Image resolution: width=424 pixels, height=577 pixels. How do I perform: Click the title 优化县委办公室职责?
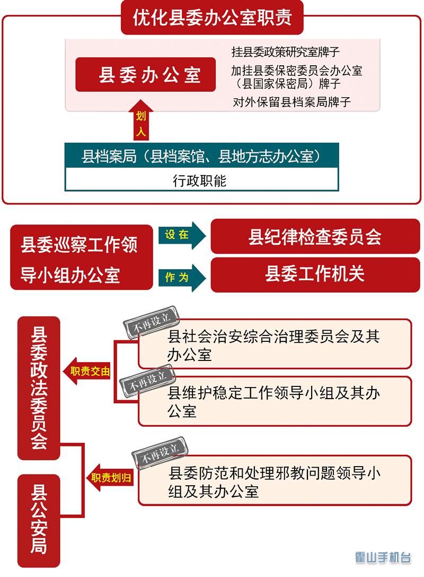(212, 18)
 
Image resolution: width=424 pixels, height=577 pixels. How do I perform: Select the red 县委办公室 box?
(146, 75)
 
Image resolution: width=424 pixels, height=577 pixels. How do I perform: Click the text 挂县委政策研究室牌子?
(286, 52)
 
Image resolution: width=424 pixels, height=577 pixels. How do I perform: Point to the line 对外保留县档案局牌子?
(292, 102)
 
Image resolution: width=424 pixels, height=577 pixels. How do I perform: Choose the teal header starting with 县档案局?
(201, 156)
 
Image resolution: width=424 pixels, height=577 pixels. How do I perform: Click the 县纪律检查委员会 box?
(315, 237)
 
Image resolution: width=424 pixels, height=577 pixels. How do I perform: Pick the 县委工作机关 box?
(315, 275)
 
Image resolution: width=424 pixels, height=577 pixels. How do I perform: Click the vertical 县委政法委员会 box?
(39, 388)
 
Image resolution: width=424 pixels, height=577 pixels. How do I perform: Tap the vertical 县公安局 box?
(39, 521)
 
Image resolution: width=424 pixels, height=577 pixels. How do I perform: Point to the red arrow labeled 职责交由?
(87, 372)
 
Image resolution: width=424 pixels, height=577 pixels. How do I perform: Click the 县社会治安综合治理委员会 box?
(275, 345)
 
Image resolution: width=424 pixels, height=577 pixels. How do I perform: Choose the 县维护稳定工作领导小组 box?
(275, 401)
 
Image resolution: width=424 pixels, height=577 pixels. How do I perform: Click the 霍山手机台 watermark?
(383, 558)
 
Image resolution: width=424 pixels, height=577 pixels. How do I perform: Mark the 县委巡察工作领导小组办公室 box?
(79, 257)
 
